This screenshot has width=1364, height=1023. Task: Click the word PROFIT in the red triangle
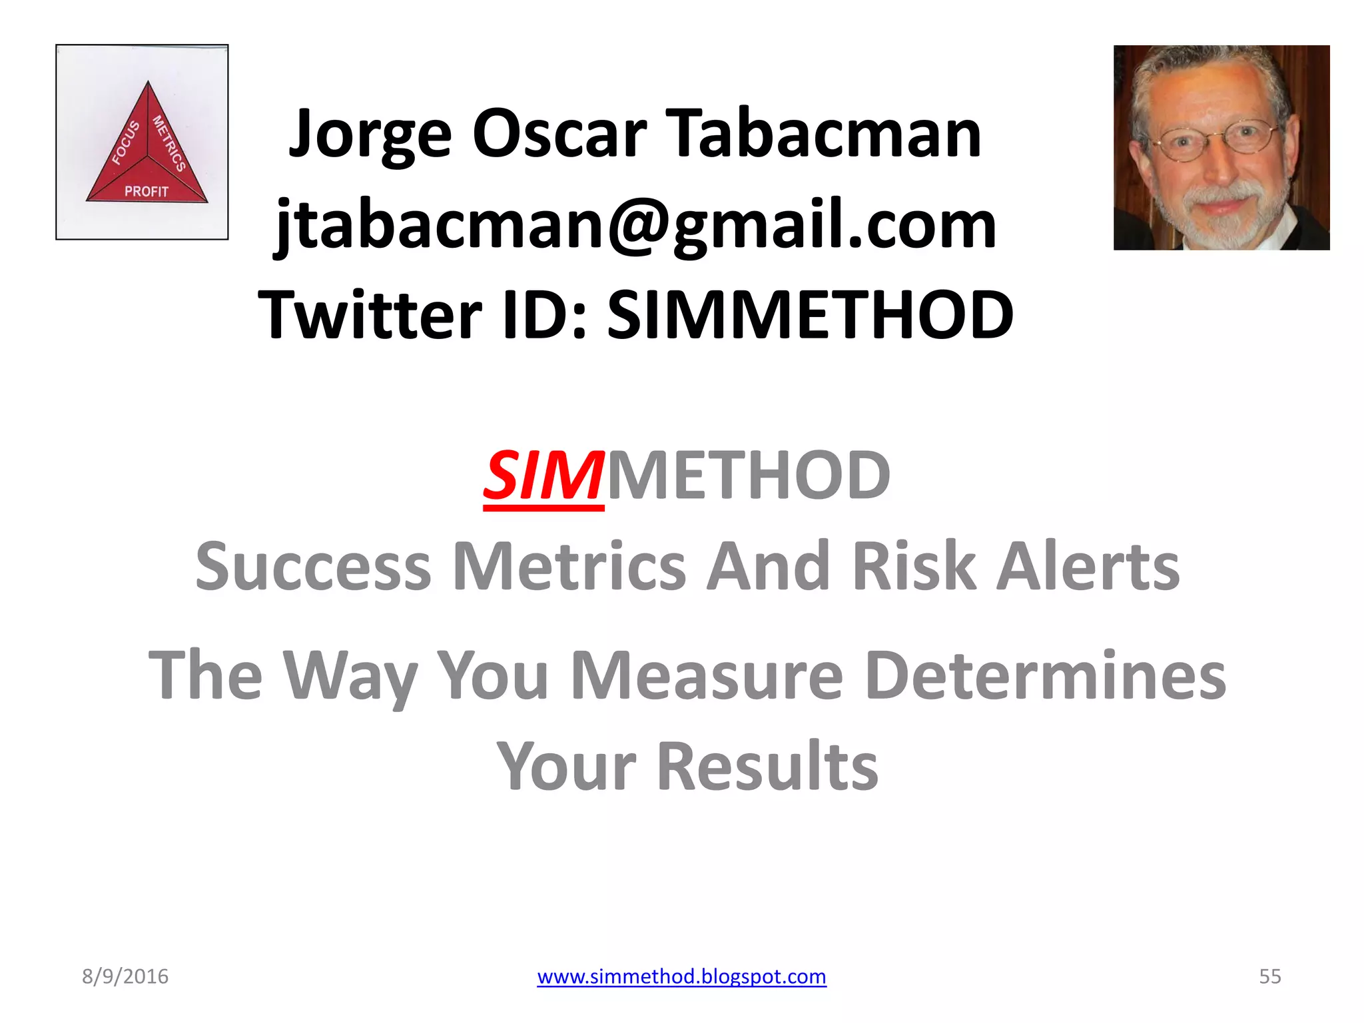point(147,192)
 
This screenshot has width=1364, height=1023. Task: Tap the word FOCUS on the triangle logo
point(125,143)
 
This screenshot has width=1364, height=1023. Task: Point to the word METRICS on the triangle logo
point(169,143)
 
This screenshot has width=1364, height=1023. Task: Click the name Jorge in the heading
point(370,135)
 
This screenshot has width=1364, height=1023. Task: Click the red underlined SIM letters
point(543,476)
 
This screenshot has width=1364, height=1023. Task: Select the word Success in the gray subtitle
point(314,567)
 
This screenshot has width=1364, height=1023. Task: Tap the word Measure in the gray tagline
point(707,676)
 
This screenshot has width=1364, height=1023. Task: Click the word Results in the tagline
point(767,767)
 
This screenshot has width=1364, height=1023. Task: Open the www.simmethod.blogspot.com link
point(681,976)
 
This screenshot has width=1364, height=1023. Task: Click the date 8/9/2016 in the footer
point(125,976)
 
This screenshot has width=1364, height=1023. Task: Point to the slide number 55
point(1269,976)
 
